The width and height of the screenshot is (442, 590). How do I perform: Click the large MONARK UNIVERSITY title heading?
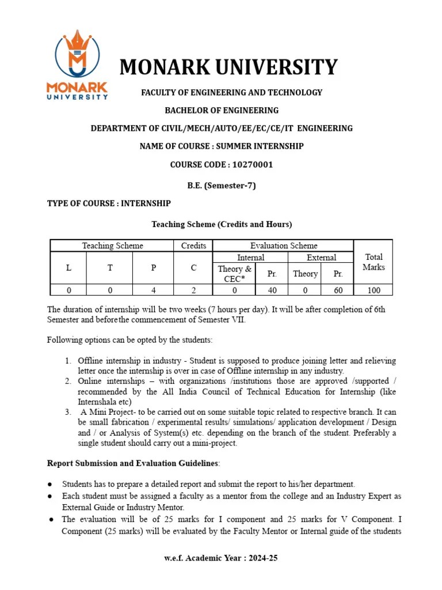click(228, 67)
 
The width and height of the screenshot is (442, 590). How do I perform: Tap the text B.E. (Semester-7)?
click(222, 186)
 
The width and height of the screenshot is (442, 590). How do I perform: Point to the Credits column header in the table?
click(193, 245)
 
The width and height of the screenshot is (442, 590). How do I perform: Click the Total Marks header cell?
click(373, 262)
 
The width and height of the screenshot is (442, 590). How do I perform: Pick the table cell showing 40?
click(272, 290)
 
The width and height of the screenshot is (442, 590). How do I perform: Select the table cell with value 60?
click(338, 290)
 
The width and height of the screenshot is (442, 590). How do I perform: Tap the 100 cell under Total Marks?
click(373, 290)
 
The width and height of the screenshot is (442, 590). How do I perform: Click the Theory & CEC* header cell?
click(234, 274)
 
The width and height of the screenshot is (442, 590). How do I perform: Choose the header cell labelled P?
click(153, 268)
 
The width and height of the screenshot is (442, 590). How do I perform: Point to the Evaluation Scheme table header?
click(283, 245)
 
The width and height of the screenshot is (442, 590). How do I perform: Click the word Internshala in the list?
click(97, 402)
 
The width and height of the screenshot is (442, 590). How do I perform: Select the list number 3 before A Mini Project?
click(67, 413)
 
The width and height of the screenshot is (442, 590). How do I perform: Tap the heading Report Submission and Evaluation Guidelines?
click(133, 463)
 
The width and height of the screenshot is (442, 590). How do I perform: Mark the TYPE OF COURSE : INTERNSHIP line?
click(109, 203)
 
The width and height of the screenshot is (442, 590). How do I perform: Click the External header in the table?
click(321, 258)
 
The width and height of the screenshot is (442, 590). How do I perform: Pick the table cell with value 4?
click(153, 290)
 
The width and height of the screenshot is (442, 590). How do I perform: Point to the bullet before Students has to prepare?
click(51, 485)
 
